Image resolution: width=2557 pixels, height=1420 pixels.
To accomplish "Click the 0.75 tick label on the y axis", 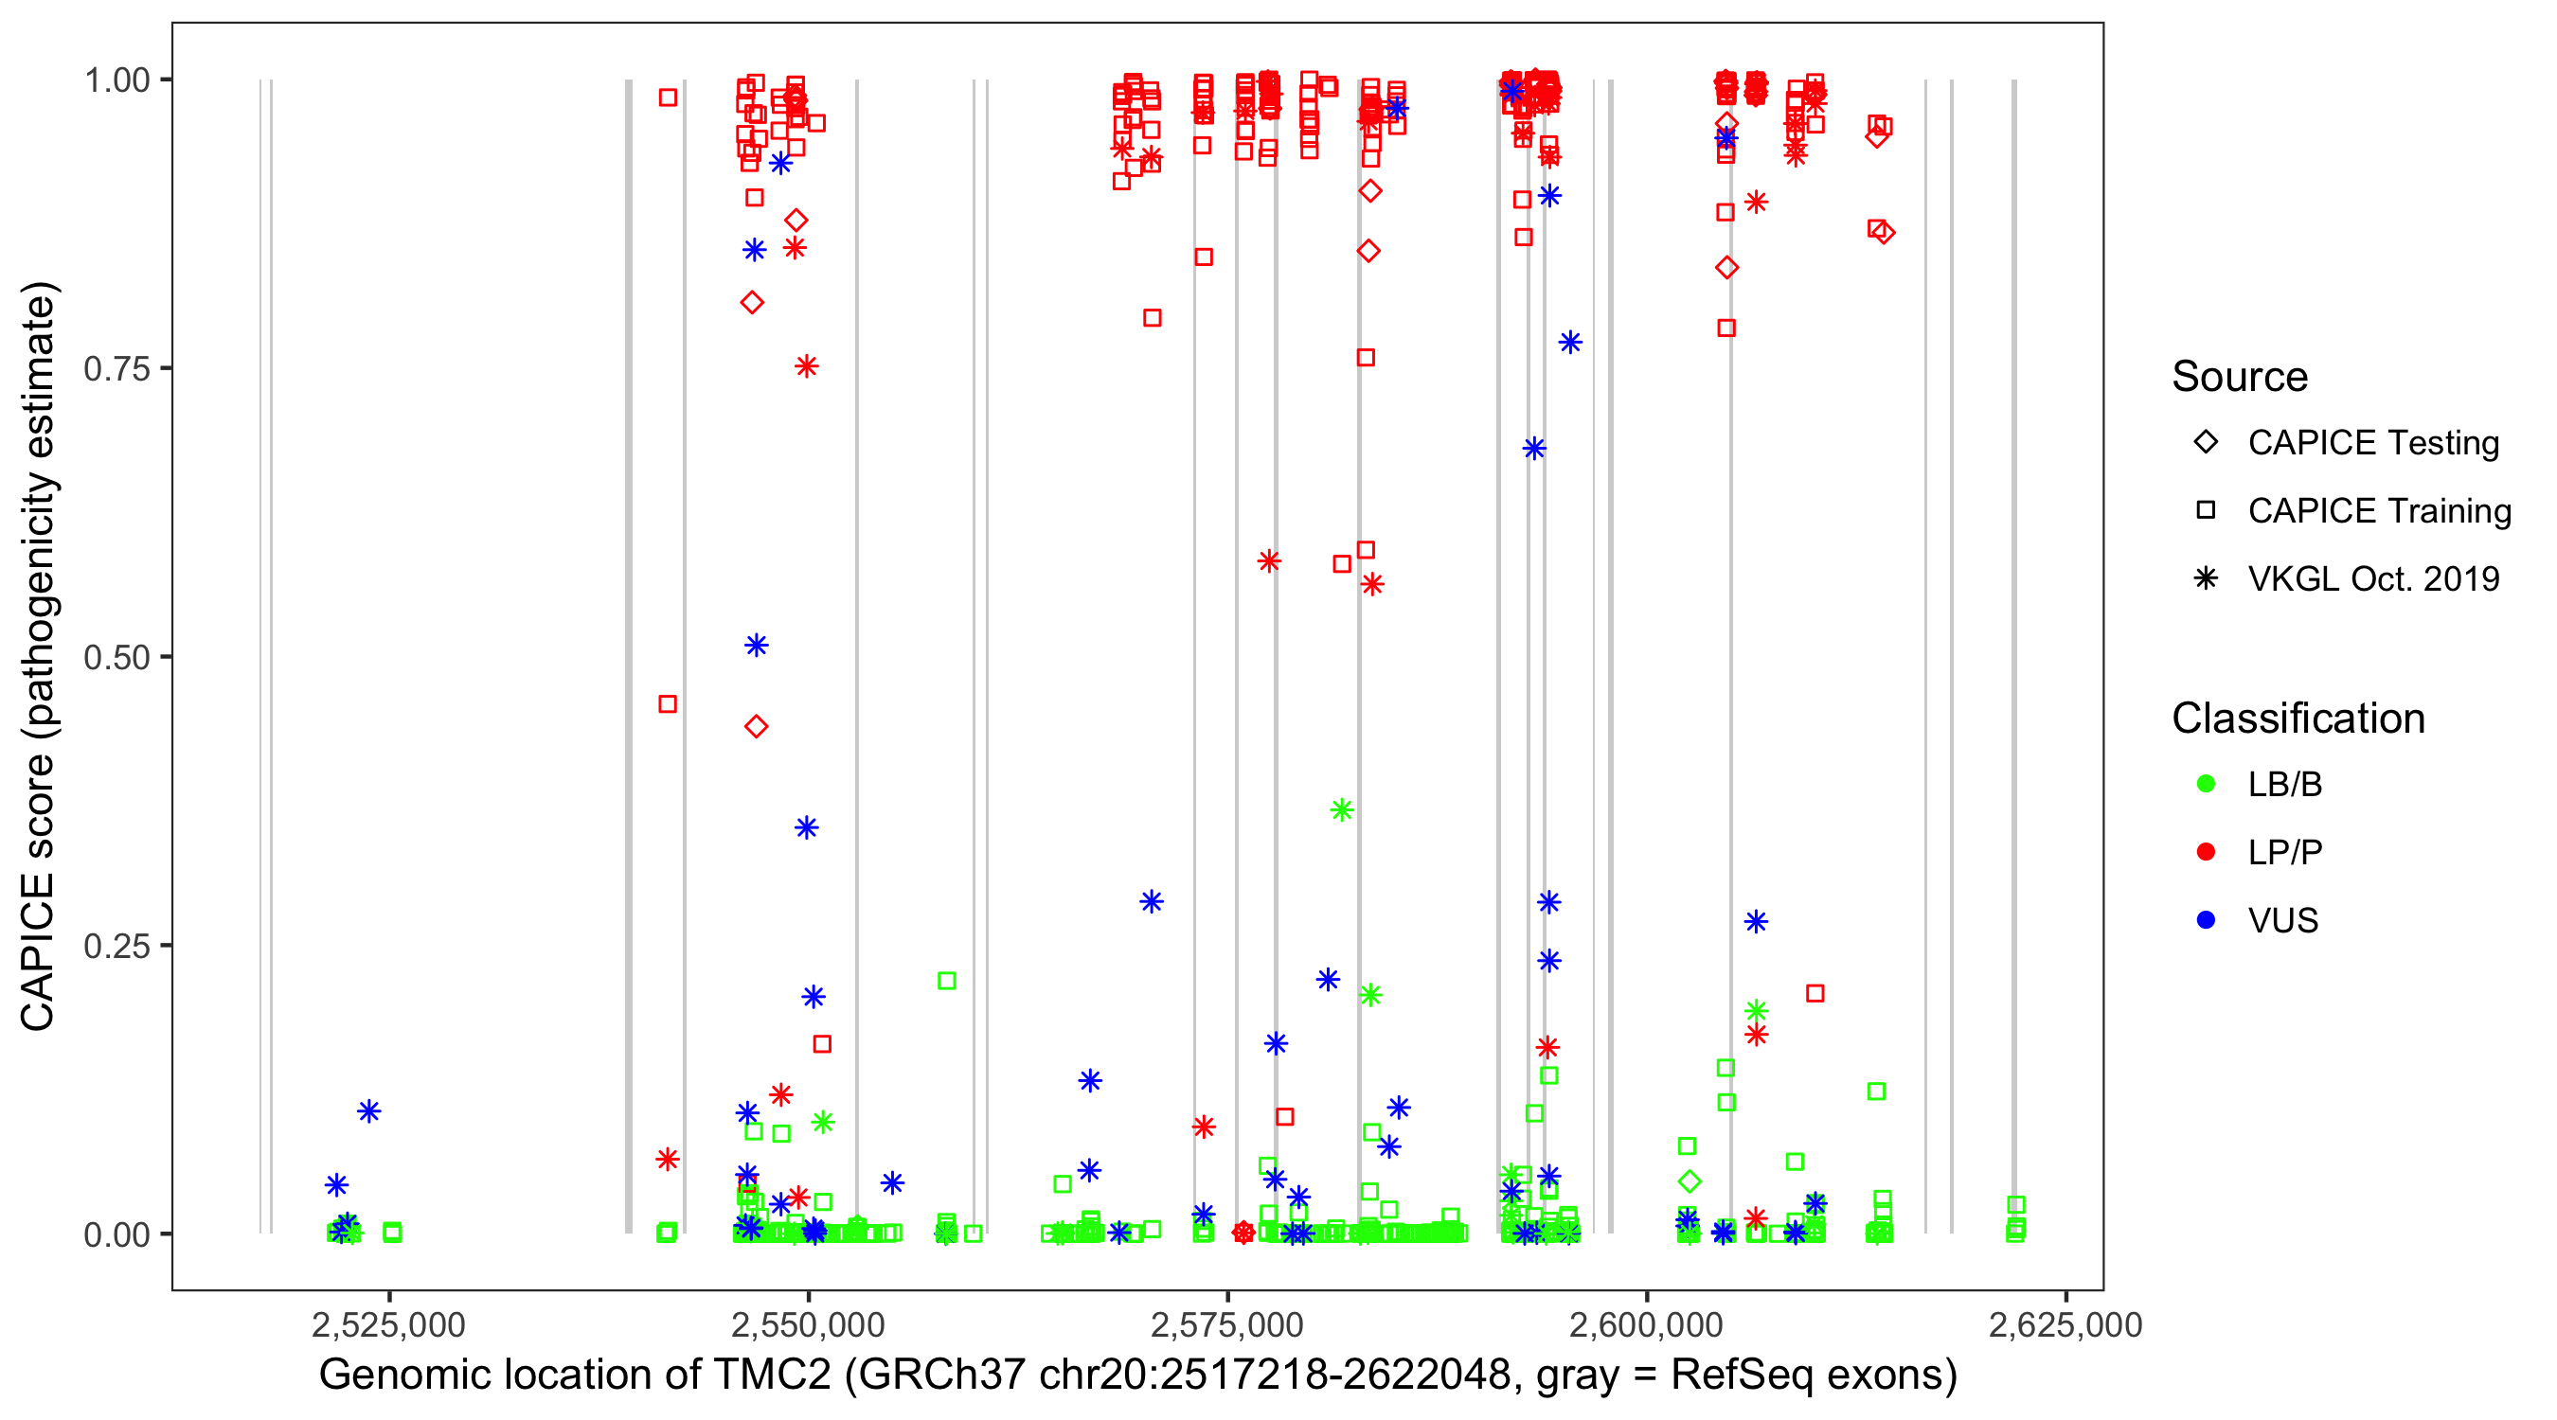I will coord(116,368).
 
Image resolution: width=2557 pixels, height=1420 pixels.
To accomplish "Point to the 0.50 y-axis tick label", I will coord(116,657).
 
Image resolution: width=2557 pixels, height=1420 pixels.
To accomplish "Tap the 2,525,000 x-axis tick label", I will coord(388,1324).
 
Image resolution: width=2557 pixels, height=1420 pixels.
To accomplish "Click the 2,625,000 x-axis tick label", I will coord(2065,1324).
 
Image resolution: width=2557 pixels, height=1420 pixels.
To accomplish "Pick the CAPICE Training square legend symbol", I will coord(2206,511).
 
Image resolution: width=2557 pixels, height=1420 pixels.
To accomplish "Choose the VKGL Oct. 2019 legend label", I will coord(2373,578).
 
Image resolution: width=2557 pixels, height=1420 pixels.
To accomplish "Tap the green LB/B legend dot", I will coord(2206,784).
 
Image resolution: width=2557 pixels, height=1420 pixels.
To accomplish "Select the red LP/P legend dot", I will coord(2206,852).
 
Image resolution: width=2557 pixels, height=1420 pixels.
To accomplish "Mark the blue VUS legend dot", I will coord(2206,920).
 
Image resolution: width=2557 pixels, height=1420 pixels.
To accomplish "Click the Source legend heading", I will coord(2240,377).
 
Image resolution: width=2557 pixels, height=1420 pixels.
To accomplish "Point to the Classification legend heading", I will coord(2298,719).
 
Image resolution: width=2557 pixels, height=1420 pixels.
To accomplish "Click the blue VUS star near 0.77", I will coord(1569,343).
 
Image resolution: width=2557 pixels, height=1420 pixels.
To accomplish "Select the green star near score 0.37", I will coord(1341,810).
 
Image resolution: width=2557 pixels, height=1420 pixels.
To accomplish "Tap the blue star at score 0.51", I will coord(757,646).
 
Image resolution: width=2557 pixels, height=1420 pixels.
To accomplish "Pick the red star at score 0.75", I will coord(806,367).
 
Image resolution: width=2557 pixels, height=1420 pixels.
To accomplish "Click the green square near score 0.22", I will coord(947,981).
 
